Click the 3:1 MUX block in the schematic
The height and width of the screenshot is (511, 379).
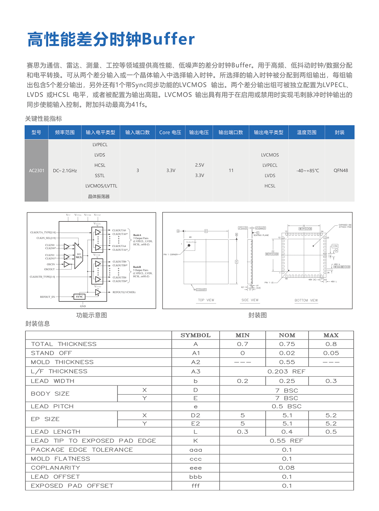click(78, 256)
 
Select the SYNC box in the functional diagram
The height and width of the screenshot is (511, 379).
click(79, 297)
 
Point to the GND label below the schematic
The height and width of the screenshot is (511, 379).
click(83, 306)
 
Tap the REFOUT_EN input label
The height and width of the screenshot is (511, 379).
click(47, 297)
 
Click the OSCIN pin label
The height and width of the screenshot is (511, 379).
click(51, 264)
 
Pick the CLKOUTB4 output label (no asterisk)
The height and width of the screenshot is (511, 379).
click(119, 277)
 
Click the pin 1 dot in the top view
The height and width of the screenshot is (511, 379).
click(189, 245)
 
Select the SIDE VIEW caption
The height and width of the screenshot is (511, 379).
click(250, 300)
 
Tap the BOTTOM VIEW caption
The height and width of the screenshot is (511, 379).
click(306, 300)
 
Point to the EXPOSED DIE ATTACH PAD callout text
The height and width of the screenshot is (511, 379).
click(345, 226)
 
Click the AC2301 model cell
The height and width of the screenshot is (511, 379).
click(36, 171)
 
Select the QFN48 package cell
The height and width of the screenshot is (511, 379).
click(340, 171)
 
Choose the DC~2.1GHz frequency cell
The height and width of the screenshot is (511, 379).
click(65, 171)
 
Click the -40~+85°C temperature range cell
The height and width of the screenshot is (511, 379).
click(307, 171)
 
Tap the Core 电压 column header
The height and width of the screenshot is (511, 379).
click(170, 132)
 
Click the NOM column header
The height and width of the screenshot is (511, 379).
click(287, 335)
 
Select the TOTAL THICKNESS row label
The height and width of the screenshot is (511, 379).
click(64, 344)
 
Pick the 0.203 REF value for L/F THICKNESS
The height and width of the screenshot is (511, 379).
click(287, 371)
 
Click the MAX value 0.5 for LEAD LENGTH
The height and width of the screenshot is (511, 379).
click(331, 432)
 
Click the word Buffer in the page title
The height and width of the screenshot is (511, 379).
click(168, 39)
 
